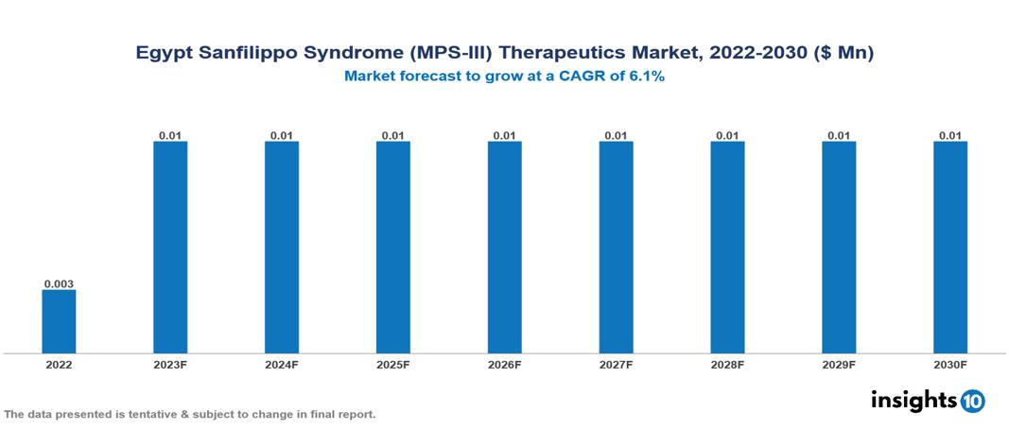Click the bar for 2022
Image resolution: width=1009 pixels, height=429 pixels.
(59, 321)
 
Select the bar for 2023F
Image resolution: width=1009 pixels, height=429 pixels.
(170, 248)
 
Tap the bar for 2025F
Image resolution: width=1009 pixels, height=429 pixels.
(392, 248)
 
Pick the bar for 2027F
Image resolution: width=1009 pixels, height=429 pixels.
(616, 248)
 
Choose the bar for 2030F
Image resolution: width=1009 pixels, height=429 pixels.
(950, 248)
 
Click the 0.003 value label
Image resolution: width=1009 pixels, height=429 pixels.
(59, 283)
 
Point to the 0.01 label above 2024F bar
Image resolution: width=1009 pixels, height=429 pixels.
(282, 135)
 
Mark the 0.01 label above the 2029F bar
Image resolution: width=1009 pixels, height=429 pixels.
(839, 135)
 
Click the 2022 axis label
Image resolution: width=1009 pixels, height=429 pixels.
(59, 364)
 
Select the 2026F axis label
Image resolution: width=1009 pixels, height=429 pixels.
(504, 364)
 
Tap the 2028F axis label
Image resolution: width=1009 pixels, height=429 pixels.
(727, 364)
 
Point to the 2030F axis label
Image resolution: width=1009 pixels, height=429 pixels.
(950, 364)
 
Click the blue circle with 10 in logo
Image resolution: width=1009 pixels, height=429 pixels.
(972, 401)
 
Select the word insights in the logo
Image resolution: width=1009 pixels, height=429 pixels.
(913, 400)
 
